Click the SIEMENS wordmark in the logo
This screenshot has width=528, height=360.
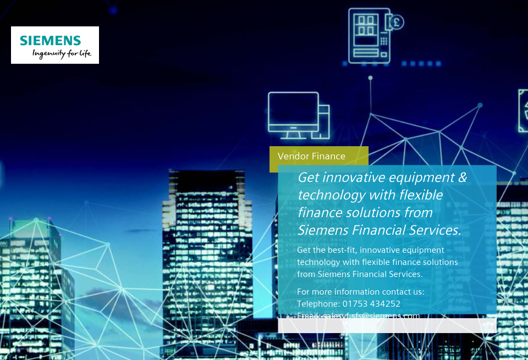pos(51,41)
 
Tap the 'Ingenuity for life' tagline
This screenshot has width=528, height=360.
pos(62,53)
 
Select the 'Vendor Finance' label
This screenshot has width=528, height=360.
pos(311,156)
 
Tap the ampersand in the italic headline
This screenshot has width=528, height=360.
pos(462,178)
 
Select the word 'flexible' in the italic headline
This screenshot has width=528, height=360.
pos(421,195)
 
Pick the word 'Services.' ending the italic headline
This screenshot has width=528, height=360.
pos(434,230)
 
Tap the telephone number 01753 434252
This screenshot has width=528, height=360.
pos(371,303)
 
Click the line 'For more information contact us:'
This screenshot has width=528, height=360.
pos(360,291)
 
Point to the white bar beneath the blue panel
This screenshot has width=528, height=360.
pos(387,326)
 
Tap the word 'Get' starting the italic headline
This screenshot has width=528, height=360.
pos(308,178)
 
